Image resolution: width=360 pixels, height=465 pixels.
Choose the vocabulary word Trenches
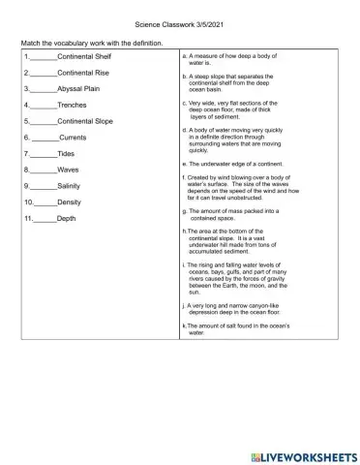coord(73,106)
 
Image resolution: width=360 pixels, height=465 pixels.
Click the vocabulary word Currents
coord(75,139)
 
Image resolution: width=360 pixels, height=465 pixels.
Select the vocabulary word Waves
coord(68,170)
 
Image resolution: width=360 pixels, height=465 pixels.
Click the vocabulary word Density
coord(70,202)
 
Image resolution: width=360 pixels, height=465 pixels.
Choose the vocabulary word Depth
coord(67,219)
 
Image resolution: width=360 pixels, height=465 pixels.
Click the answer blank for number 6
coord(45,139)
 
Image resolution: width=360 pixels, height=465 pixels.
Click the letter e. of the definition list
coord(185,164)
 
